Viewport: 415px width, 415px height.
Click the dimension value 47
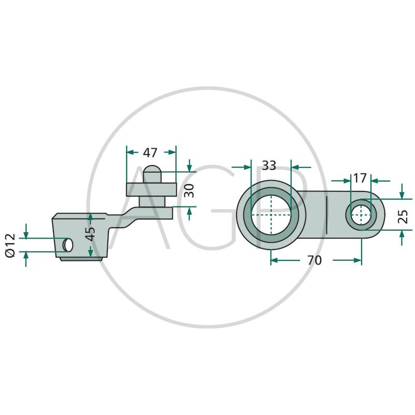(x=150, y=153)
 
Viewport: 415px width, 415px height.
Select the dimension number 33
(x=269, y=165)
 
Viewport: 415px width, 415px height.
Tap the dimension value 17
(x=359, y=178)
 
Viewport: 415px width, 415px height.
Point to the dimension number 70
(x=314, y=260)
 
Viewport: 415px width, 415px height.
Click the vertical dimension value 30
(x=189, y=190)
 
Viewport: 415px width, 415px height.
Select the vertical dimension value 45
(x=90, y=233)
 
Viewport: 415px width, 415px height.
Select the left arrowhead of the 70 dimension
(x=274, y=260)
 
